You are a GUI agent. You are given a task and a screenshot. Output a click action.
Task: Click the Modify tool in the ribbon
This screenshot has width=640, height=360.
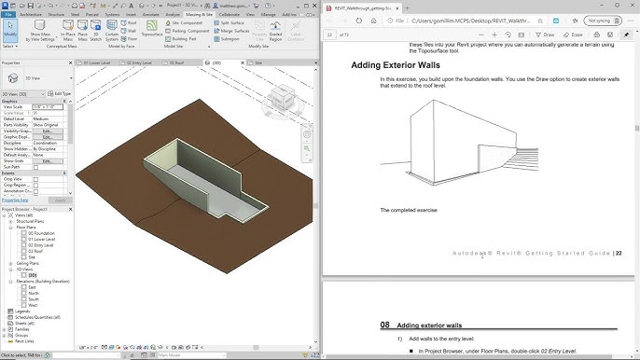click(10, 32)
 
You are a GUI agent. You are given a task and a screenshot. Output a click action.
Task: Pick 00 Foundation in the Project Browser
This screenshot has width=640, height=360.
click(41, 232)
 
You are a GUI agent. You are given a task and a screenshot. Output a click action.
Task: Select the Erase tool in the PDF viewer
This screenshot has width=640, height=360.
click(573, 34)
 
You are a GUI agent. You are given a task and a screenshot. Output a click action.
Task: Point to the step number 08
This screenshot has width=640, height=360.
click(384, 325)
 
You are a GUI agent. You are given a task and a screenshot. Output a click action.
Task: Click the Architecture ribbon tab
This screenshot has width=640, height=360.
click(30, 15)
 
